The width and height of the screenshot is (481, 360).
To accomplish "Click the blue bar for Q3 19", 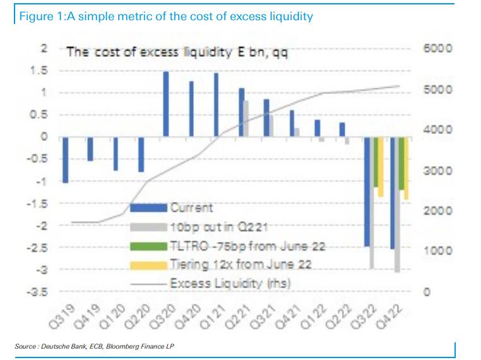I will (64, 160).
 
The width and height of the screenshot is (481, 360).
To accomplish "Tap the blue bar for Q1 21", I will (216, 105).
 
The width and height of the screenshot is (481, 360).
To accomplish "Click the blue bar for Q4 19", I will (90, 149).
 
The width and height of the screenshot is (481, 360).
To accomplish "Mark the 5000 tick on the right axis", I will (437, 89).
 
